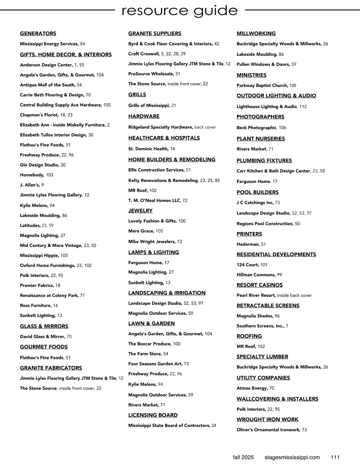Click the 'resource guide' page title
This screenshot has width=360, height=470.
pos(180,11)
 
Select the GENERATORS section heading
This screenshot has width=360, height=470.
pos(38,34)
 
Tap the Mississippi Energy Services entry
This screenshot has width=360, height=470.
pos(49,44)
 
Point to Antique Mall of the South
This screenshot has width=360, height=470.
pos(48,85)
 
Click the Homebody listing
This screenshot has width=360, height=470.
pos(32,175)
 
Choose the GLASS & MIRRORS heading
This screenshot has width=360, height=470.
pos(44,326)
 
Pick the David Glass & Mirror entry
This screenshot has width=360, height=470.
pos(43,337)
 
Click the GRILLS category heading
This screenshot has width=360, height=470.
pos(137,95)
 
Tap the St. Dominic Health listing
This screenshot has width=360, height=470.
pos(148,149)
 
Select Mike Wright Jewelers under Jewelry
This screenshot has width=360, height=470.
pos(152,241)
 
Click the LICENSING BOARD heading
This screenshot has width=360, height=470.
pos(153,415)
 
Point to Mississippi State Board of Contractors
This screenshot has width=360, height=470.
pos(169,425)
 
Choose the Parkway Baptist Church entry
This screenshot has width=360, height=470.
pos(262,85)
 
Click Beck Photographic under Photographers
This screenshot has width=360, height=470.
pos(256,127)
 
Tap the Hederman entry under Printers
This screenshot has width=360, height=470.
pos(248,244)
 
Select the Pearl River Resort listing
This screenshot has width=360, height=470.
pos(256,295)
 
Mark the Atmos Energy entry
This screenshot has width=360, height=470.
pos(252,388)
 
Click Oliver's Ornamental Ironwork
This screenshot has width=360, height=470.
pos(268,430)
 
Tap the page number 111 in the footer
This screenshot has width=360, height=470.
pos(335,457)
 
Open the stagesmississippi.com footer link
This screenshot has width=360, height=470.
pos(292,457)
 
